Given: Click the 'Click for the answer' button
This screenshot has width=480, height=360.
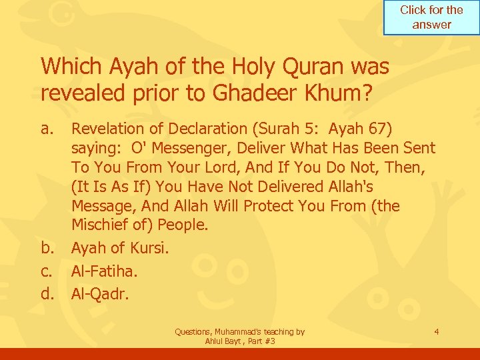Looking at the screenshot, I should (x=431, y=17).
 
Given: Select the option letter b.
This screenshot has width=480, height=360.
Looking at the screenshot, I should (x=48, y=249).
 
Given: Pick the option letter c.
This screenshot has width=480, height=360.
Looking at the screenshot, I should (x=47, y=272).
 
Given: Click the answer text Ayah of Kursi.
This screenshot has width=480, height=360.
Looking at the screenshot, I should (x=120, y=249).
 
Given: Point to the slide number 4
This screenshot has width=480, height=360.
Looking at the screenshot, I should (x=435, y=331).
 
